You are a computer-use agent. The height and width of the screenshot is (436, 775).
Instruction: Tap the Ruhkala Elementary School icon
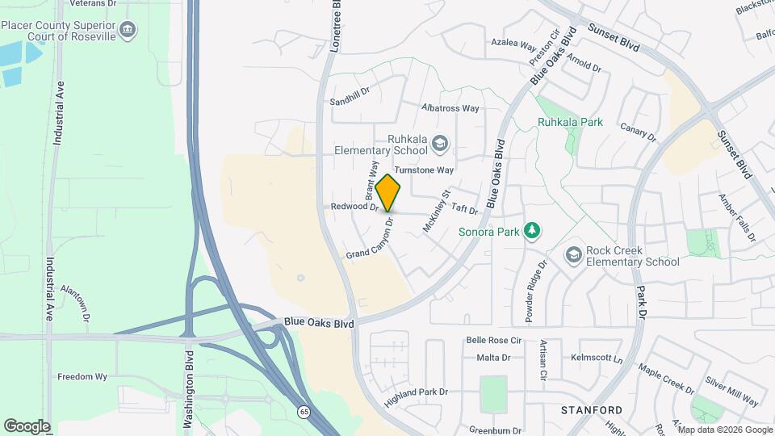coord(440,145)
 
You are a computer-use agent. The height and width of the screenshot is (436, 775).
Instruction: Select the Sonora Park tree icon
coord(532,232)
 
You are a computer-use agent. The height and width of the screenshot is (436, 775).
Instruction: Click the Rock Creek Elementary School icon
coord(573,256)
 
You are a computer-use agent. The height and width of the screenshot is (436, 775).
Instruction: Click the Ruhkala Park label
coord(571,123)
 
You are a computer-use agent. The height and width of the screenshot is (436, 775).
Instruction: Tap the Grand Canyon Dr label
coord(370,239)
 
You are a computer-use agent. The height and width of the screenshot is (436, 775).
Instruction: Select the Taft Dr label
coord(465,209)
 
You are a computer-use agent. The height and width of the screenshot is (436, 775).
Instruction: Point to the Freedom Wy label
coord(82,376)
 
